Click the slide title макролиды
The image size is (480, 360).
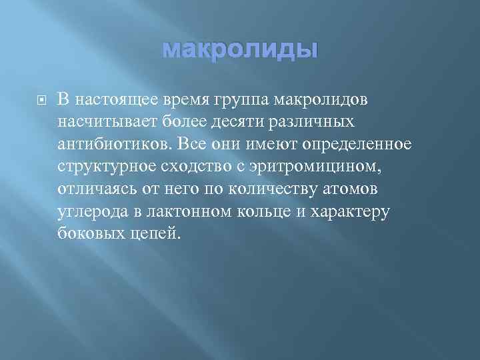(x=240, y=50)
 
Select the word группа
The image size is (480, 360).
(x=241, y=100)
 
